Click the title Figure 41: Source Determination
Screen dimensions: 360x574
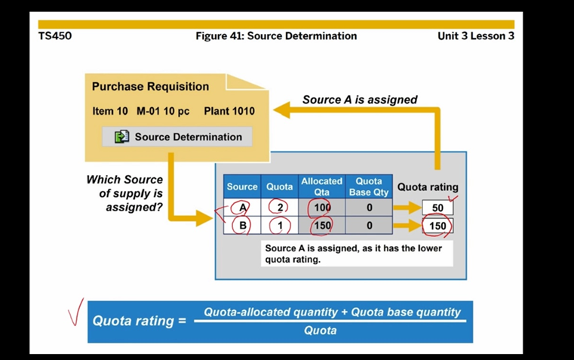click(276, 35)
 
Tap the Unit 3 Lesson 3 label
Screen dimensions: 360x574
click(475, 35)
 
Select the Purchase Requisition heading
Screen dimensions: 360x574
click(150, 86)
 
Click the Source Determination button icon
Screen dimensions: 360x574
click(121, 137)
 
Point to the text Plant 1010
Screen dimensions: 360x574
click(229, 111)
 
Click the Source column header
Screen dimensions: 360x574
click(242, 186)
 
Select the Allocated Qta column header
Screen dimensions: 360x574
click(321, 186)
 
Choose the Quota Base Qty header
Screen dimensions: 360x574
click(369, 186)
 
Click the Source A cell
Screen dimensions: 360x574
click(242, 208)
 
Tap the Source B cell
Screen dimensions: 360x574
click(242, 225)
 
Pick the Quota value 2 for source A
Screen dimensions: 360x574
click(280, 208)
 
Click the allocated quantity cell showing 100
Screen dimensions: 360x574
click(322, 208)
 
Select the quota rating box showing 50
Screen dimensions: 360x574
click(437, 208)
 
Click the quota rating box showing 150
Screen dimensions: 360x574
click(437, 226)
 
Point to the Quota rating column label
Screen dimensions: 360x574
click(428, 187)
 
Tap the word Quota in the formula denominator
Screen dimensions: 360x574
click(320, 331)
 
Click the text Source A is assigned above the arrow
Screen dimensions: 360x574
click(360, 100)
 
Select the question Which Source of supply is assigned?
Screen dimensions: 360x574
click(125, 192)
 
